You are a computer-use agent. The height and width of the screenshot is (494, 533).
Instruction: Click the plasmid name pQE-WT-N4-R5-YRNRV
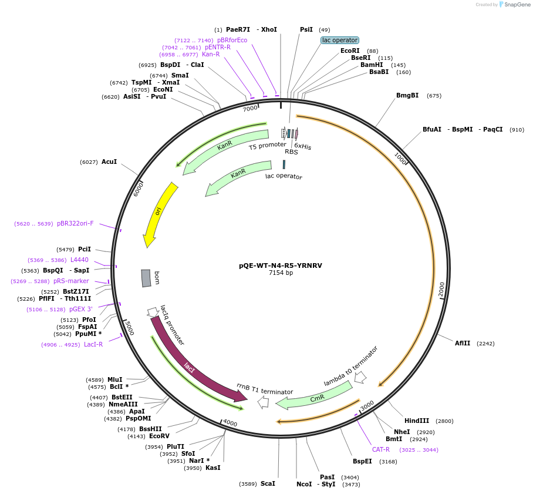pos(280,266)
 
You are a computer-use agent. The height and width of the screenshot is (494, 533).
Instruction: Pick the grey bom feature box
pos(146,278)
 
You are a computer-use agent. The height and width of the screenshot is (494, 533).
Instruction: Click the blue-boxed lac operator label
pos(339,40)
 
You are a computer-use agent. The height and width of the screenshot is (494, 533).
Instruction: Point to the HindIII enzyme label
pos(417,421)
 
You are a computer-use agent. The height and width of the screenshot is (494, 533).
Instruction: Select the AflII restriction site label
pos(463,343)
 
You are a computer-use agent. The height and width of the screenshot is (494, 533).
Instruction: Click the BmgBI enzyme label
pos(407,95)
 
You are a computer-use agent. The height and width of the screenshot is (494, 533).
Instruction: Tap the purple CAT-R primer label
pos(381,449)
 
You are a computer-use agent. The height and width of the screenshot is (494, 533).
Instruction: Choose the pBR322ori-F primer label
pos(75,223)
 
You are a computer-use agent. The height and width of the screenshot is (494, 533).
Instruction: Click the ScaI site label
pos(268,483)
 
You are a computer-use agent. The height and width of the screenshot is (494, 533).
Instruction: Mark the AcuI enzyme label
pos(109,162)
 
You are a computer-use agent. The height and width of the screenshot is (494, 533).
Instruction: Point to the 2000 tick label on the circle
pos(442,289)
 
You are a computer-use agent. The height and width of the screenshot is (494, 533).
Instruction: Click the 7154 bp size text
pos(281,273)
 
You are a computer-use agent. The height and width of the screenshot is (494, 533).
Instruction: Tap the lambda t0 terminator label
pos(351,366)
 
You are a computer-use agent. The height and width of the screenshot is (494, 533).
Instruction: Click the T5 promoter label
pos(267,144)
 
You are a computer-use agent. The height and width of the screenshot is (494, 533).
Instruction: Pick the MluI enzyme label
pos(115,379)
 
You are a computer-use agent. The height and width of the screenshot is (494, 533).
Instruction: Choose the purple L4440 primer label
pos(79,260)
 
